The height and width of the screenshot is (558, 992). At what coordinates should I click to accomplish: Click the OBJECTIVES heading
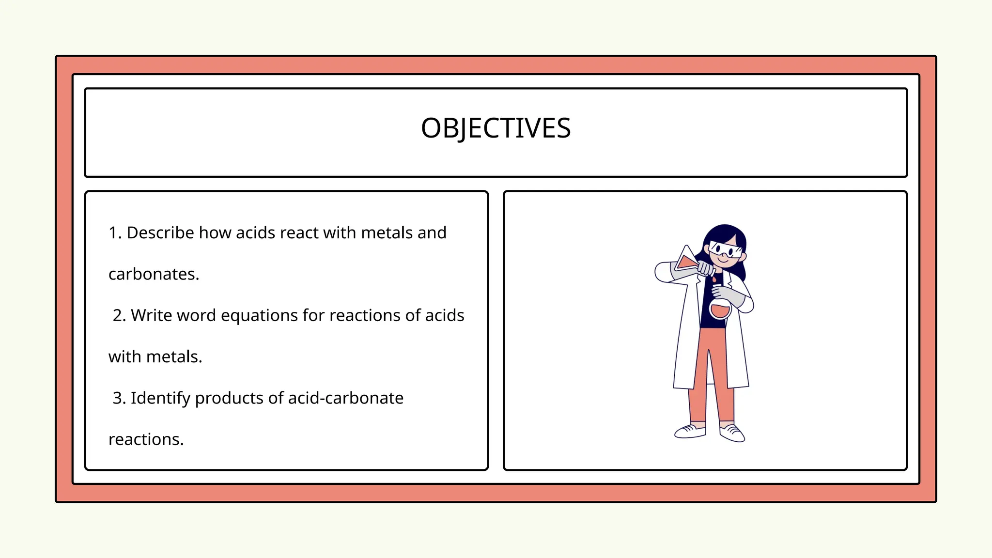(496, 128)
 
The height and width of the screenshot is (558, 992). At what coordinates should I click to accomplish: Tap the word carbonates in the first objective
(154, 274)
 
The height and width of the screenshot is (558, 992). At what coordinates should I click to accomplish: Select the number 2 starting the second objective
(118, 315)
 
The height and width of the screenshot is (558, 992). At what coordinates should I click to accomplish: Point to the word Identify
(160, 398)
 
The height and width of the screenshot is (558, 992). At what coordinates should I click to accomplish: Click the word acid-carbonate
(345, 398)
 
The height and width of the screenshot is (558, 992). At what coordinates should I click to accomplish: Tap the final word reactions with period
(146, 439)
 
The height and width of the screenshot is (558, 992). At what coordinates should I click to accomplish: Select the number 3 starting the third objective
(118, 398)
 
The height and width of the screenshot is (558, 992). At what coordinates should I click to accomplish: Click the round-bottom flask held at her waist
(720, 309)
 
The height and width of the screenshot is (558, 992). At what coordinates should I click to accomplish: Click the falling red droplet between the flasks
(713, 280)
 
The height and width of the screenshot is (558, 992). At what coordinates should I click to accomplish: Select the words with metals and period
(155, 357)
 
